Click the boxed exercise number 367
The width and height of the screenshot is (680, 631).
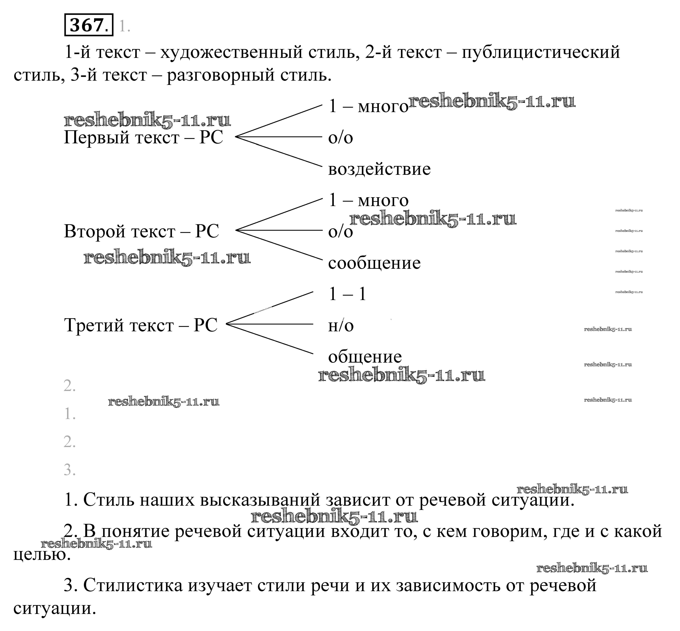(88, 25)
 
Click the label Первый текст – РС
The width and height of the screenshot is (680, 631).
(143, 138)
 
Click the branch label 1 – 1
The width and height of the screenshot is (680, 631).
(347, 294)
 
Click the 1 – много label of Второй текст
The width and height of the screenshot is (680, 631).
(368, 201)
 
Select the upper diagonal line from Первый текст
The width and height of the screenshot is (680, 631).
(278, 121)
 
